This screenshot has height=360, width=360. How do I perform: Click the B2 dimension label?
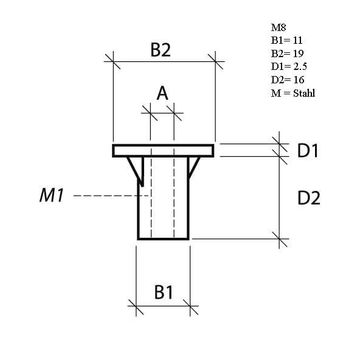[x=161, y=50]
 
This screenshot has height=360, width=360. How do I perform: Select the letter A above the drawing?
[x=162, y=93]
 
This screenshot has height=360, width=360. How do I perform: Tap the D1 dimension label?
[x=308, y=151]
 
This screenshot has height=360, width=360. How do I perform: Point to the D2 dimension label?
[x=308, y=198]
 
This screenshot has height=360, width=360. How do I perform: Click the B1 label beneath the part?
[x=164, y=292]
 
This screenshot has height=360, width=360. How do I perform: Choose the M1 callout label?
[x=52, y=195]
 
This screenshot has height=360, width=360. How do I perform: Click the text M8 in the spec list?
[x=278, y=27]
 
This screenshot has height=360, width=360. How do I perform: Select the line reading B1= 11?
[x=286, y=41]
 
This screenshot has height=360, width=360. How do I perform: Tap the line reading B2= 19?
[x=286, y=54]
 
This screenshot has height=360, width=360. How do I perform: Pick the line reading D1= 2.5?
[x=289, y=67]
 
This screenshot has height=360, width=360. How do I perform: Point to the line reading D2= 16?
[x=288, y=80]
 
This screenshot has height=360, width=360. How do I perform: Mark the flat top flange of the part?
[x=164, y=150]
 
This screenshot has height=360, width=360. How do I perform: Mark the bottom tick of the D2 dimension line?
[x=280, y=239]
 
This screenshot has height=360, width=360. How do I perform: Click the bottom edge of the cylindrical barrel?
[x=164, y=238]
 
